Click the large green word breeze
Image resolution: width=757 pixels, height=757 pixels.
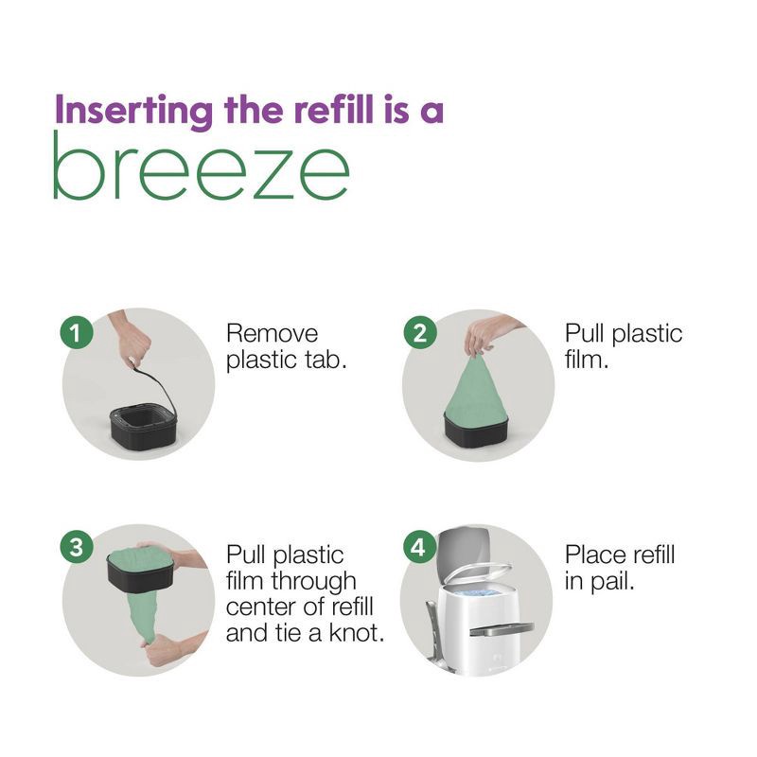tap(201, 167)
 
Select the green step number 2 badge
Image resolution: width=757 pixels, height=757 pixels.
tap(417, 332)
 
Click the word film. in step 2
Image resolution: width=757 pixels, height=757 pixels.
tap(587, 361)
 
